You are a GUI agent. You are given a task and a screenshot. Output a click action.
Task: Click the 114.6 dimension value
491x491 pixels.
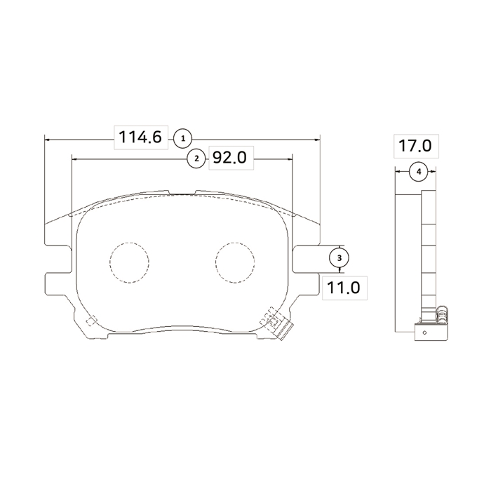(x=140, y=137)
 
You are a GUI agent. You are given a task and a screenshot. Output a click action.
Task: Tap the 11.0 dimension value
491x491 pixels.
(x=343, y=288)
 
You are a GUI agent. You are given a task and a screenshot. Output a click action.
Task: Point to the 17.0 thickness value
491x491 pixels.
(x=415, y=146)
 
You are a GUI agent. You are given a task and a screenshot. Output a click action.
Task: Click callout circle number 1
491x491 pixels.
(x=183, y=139)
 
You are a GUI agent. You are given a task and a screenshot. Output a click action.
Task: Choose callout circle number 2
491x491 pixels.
(x=196, y=159)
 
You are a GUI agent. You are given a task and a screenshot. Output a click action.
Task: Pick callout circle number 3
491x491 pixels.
(x=339, y=258)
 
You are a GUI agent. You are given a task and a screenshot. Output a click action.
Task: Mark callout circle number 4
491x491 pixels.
(x=419, y=171)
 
